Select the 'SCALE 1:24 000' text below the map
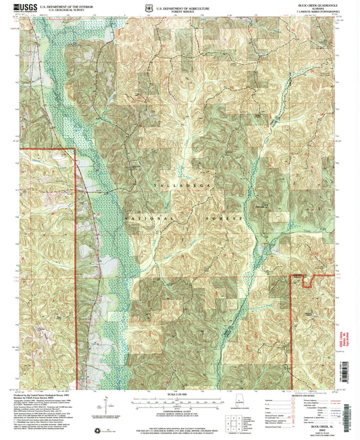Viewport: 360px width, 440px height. coord(180,395)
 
